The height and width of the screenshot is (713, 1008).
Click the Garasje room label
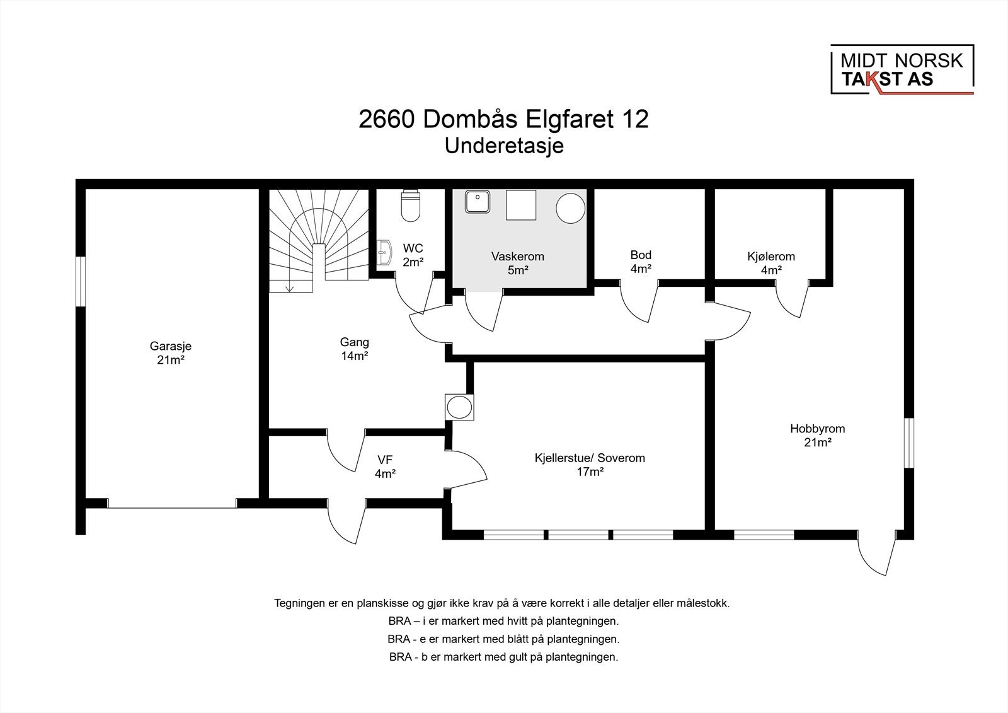tap(171, 352)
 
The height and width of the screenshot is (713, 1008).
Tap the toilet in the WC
tap(410, 206)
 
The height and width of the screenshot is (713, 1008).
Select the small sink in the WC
tap(384, 253)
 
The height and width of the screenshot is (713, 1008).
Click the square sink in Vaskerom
tap(478, 201)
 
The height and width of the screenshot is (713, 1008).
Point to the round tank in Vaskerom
tap(571, 208)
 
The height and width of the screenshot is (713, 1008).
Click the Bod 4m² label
tap(641, 262)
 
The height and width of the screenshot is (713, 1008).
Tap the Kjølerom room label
tap(771, 257)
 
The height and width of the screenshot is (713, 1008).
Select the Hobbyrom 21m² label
tap(817, 435)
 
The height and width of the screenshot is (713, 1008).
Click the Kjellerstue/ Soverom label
tap(590, 458)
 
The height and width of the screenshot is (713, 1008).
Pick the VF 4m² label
tap(385, 467)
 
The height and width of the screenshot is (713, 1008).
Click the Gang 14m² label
tap(354, 349)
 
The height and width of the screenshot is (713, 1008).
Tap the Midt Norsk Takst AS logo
tap(902, 70)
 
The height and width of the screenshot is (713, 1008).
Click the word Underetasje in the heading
tap(504, 146)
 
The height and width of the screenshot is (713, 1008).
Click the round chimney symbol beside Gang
tap(459, 408)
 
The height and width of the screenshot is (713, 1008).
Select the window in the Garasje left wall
tap(80, 282)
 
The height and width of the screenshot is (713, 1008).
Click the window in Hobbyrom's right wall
tap(909, 443)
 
